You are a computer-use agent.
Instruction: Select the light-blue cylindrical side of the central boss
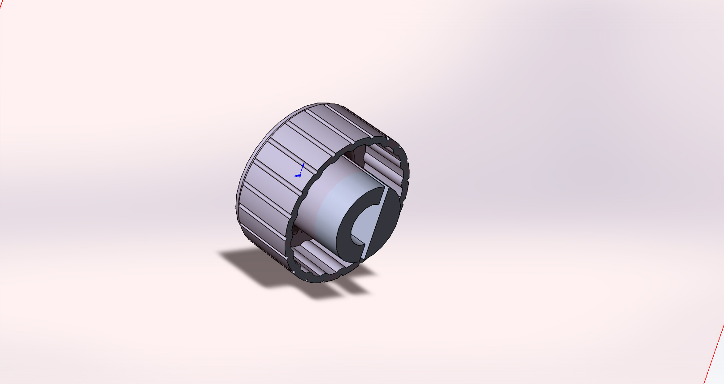point(329,211)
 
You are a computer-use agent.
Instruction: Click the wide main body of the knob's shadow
point(256,264)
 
